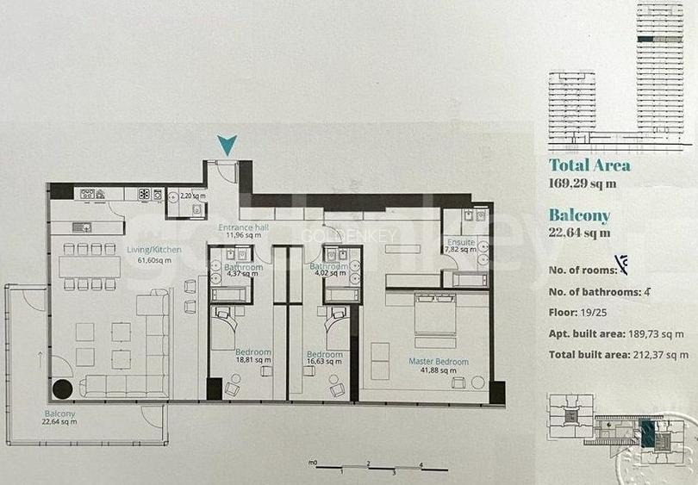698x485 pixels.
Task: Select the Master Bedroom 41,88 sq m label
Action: pos(439,367)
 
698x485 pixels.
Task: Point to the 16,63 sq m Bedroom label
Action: pos(325,359)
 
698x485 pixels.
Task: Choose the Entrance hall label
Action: pos(243,230)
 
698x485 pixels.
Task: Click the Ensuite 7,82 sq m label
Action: pos(460,246)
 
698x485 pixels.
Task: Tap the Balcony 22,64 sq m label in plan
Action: pos(60,418)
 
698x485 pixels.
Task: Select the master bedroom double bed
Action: pos(442,315)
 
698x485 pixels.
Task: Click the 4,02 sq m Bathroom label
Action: pos(329,271)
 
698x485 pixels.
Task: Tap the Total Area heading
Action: pos(589,165)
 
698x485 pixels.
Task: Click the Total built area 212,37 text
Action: pos(618,354)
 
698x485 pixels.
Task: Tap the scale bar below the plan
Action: pos(368,466)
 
